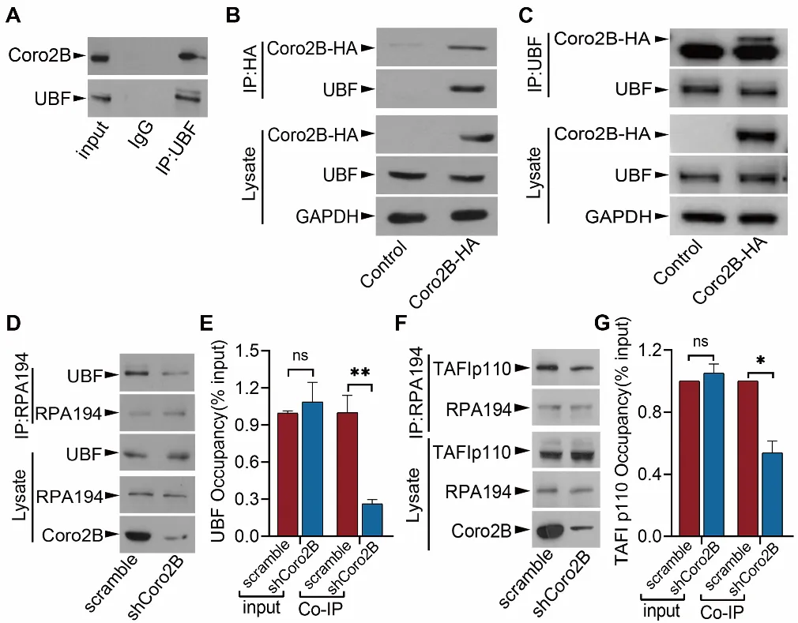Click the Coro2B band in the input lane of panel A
pos(98,58)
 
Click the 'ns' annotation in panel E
pos(301,356)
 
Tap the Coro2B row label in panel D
pos(81,535)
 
